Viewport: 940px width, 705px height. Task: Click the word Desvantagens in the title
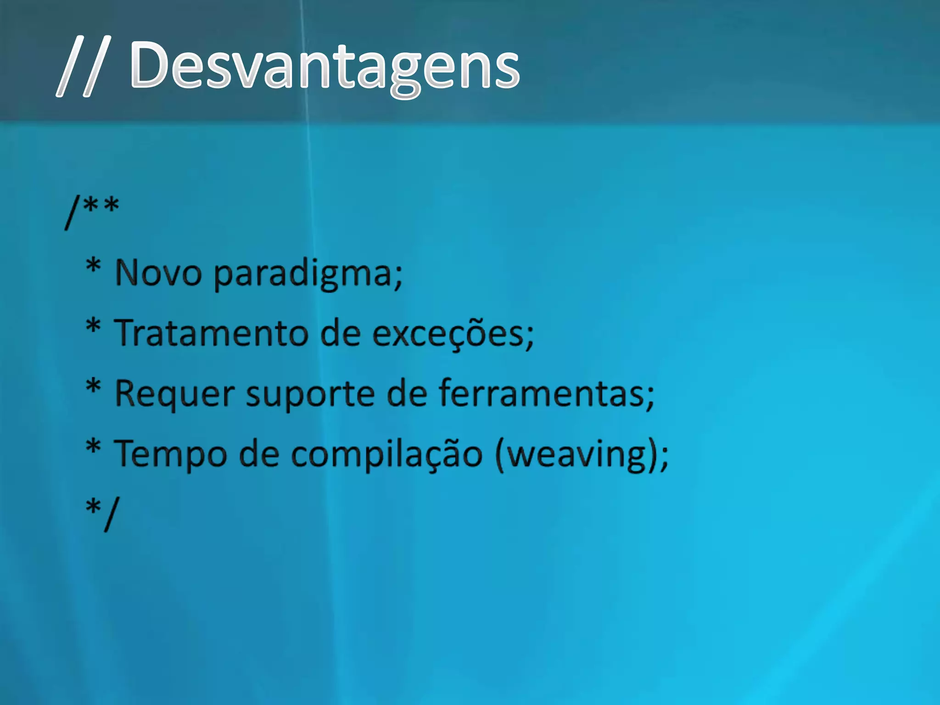tap(325, 67)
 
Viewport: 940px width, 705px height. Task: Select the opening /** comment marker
tap(92, 211)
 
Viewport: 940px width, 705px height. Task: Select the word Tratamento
tap(211, 333)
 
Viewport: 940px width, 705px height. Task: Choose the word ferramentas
tap(542, 394)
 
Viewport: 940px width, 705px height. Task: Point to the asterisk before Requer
tap(93, 386)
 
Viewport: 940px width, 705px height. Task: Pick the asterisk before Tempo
tap(93, 446)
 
